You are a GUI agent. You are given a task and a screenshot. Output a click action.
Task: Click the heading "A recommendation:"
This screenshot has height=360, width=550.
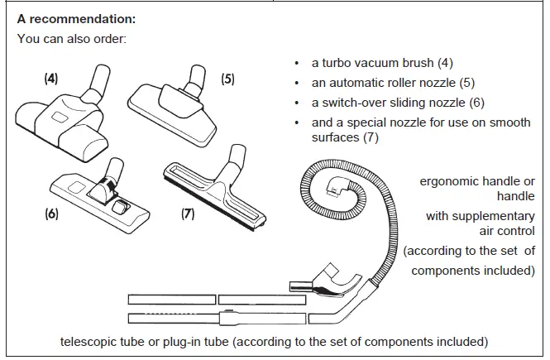click(x=76, y=19)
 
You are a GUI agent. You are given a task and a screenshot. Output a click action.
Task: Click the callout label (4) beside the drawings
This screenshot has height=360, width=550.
click(x=50, y=79)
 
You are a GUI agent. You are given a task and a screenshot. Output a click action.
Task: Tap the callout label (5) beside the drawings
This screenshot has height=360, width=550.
click(x=227, y=79)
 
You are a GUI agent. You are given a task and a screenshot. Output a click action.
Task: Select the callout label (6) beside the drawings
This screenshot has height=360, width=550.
click(x=51, y=214)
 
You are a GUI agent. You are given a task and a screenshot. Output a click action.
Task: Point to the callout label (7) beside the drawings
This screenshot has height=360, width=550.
click(x=188, y=214)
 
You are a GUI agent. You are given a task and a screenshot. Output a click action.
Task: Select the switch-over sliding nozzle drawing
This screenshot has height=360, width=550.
click(x=100, y=196)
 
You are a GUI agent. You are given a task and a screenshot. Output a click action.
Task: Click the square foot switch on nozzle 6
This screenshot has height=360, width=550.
click(x=120, y=206)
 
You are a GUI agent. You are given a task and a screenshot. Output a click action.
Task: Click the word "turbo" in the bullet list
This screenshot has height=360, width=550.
click(x=336, y=63)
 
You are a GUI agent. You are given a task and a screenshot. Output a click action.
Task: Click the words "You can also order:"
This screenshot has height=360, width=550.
click(x=72, y=39)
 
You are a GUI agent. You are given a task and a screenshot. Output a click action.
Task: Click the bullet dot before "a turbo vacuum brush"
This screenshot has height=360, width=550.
click(x=297, y=64)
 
